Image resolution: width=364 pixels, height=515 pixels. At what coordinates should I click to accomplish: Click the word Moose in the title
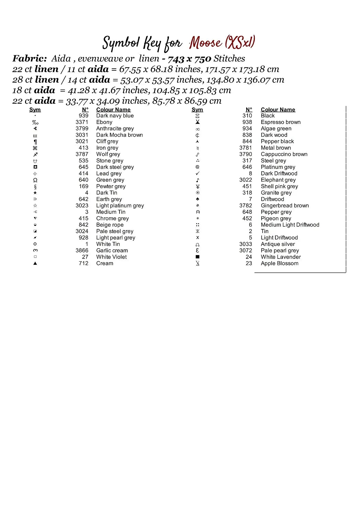point(206,43)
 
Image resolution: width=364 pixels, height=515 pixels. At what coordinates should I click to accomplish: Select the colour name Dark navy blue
point(115,116)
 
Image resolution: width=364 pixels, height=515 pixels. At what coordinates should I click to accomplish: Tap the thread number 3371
point(82,122)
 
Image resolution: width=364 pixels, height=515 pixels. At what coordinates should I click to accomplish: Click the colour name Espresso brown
point(281,122)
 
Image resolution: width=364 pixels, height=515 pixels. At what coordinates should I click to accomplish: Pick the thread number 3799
point(82,128)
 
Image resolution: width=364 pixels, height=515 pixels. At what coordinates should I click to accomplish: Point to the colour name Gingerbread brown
point(285,206)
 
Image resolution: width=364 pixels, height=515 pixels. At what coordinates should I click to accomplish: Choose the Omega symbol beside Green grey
point(35,180)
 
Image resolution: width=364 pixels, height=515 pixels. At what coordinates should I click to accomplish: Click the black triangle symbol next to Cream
point(35,263)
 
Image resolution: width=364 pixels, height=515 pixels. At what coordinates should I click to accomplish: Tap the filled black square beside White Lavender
point(197,257)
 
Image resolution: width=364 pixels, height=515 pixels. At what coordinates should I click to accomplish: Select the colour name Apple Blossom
point(280,263)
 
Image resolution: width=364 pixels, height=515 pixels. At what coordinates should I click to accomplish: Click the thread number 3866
point(82,251)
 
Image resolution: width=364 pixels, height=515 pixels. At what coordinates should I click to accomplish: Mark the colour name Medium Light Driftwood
point(290,225)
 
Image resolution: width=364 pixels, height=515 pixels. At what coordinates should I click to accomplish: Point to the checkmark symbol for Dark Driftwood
point(197,173)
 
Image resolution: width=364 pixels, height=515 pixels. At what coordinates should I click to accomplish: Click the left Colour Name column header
point(113,110)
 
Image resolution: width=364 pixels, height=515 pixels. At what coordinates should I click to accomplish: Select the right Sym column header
point(197,110)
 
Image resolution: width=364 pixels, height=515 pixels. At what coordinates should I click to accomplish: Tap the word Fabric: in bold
point(30,59)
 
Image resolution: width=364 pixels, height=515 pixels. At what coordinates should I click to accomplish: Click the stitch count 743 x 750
point(189,59)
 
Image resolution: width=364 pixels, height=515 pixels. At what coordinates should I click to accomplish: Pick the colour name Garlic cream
point(112,251)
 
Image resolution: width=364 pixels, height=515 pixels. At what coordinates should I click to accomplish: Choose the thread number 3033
point(246,244)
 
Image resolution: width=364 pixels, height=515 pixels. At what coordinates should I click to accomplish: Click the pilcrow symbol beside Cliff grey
point(35,142)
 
